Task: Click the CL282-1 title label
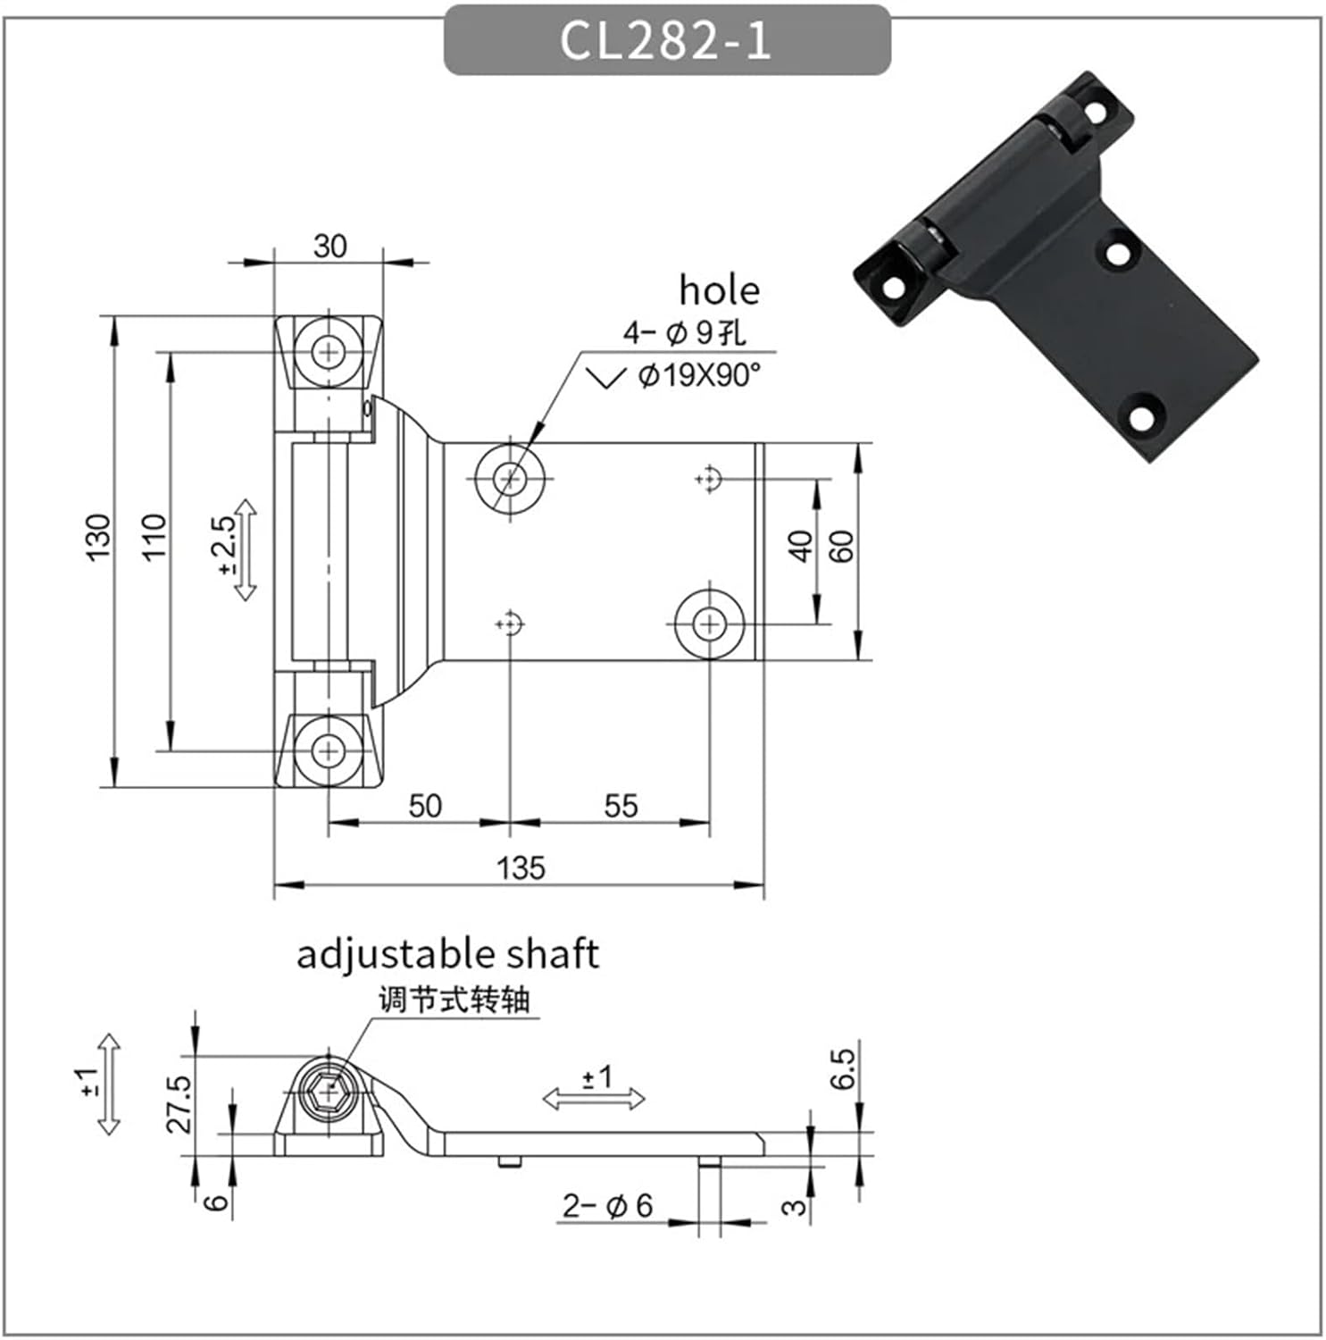666,40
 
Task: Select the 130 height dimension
98,537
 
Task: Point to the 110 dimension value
154,537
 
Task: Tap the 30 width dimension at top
329,247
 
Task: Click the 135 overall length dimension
521,867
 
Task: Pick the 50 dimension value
425,806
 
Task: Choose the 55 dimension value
621,806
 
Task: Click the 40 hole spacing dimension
801,546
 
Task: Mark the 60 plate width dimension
842,546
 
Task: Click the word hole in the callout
719,290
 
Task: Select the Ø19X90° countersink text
699,375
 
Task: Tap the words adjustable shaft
447,953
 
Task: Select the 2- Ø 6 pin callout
607,1206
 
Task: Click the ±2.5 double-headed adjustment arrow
246,549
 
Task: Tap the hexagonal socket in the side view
329,1092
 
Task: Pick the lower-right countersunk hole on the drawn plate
709,623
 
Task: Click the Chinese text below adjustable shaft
454,999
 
